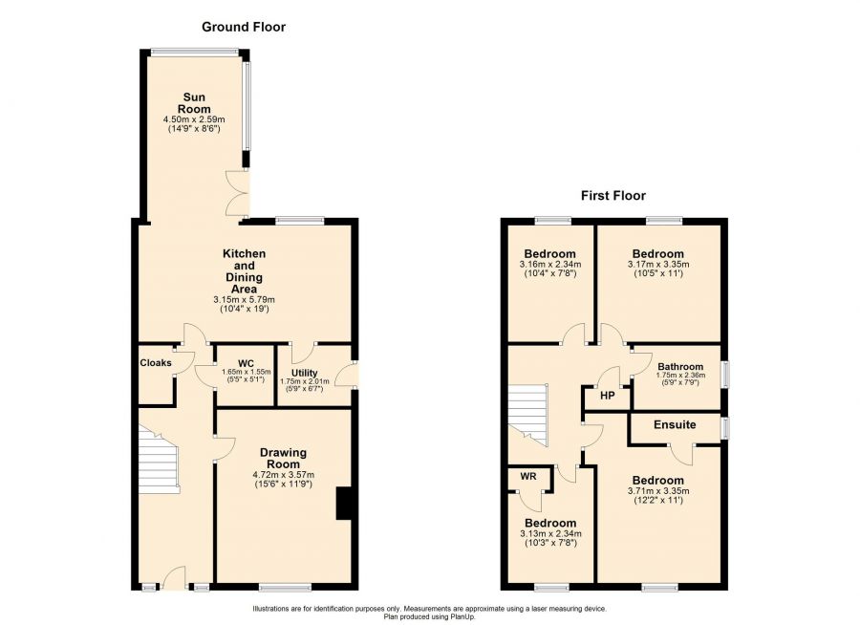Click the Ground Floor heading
click(x=244, y=27)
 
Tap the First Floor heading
click(x=613, y=196)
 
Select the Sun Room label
click(x=194, y=103)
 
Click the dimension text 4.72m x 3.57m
click(x=284, y=475)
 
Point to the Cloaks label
click(x=156, y=363)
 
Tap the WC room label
click(x=247, y=363)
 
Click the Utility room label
click(x=305, y=373)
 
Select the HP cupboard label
click(x=607, y=395)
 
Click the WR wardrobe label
click(x=528, y=476)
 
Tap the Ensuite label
click(x=675, y=424)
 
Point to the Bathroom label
click(x=680, y=367)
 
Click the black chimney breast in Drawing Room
click(x=343, y=504)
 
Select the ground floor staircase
click(x=159, y=458)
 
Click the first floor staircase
click(x=527, y=415)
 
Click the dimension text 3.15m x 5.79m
click(x=244, y=300)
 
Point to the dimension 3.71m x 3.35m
click(x=658, y=491)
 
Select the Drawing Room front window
click(x=285, y=588)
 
